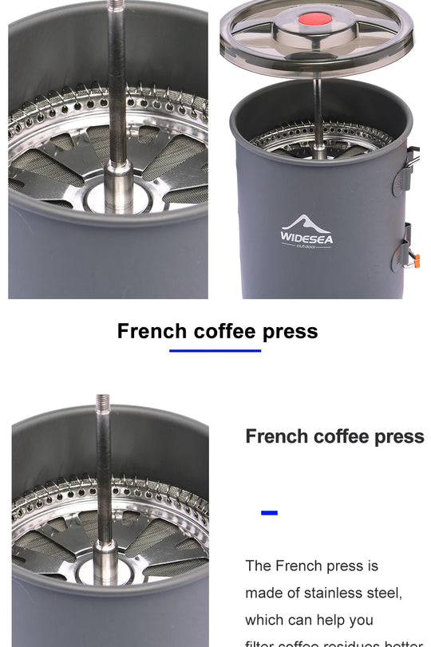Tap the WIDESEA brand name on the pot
tap(306, 237)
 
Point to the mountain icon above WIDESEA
tap(307, 223)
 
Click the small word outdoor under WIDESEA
tap(306, 246)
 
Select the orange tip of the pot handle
tap(416, 260)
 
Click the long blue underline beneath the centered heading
tap(215, 349)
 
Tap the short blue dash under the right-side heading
tap(270, 512)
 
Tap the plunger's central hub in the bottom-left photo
tap(105, 558)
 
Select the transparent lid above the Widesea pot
tap(318, 36)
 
